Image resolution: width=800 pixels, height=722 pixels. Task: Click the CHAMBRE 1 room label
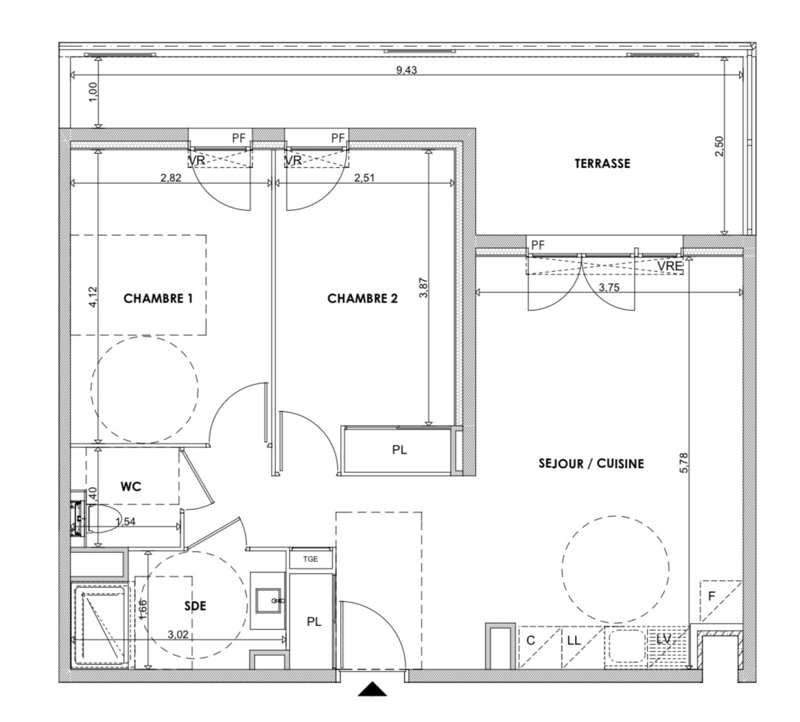point(158,299)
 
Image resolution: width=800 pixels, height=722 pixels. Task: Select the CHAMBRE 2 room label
point(362,299)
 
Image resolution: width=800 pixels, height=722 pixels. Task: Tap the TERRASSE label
point(602,164)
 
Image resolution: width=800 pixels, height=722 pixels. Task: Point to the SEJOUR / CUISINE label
point(591,464)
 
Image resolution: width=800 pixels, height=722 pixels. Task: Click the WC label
point(131,486)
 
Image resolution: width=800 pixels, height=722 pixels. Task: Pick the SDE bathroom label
point(195,606)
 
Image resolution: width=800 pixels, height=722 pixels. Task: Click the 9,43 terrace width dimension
point(406,70)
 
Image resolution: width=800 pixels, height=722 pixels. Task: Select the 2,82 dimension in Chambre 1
point(170,177)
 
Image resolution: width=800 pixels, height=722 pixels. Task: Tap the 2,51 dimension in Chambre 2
point(364,177)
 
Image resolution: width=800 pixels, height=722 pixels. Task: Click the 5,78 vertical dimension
point(684,463)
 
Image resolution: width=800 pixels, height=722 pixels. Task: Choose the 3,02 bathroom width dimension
point(178,635)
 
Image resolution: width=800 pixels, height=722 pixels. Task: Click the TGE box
point(311,559)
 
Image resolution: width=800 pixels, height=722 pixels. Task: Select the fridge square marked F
point(720,601)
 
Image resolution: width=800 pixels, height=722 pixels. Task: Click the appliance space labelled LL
point(583,647)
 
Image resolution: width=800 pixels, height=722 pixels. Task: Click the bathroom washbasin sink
point(270,600)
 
